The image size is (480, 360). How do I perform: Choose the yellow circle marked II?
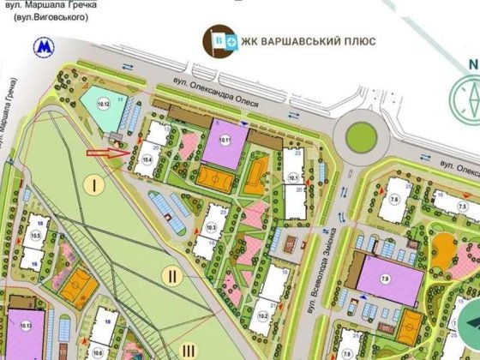172,275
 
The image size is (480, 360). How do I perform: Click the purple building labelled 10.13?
26,330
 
